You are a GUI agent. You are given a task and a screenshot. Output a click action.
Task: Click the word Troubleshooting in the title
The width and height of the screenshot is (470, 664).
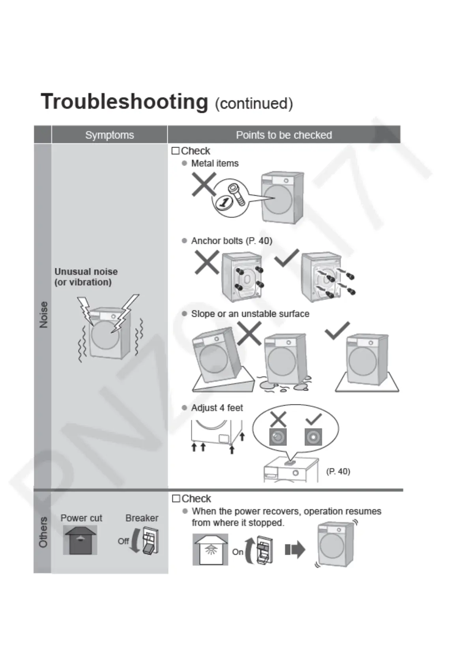coord(124,102)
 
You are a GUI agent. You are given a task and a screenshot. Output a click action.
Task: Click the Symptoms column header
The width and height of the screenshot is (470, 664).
coord(109,135)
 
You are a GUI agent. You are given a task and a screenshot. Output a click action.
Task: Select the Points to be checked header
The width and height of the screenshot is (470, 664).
coord(284,135)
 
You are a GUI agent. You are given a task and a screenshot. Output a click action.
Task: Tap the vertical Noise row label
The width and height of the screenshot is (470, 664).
coord(43,314)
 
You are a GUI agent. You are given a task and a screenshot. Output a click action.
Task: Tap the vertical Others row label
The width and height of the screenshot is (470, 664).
coord(43,532)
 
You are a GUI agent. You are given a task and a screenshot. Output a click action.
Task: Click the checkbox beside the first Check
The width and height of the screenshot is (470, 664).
coord(176,151)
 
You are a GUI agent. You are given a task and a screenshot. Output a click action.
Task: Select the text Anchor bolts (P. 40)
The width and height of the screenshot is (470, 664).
coord(231,241)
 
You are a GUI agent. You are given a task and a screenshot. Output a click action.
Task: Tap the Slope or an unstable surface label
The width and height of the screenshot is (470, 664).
coord(250,314)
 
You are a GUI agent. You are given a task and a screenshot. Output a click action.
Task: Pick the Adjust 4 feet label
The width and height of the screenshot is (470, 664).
coord(217,408)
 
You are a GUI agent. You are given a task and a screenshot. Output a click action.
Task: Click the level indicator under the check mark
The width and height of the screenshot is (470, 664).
coord(313,437)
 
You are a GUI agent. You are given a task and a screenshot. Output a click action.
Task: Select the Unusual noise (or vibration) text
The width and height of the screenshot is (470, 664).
coord(86,277)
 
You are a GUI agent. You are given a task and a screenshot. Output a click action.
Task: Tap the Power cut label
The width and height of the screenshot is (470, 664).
coord(81,518)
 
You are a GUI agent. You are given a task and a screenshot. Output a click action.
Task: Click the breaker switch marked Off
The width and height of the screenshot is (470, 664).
coord(150,541)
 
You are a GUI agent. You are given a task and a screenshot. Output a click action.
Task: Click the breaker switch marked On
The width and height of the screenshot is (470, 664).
coord(264,549)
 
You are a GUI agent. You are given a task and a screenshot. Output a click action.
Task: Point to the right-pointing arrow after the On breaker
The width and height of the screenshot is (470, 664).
coord(295,549)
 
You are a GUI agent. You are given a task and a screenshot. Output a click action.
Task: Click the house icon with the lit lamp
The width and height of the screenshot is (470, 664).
coord(210,549)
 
